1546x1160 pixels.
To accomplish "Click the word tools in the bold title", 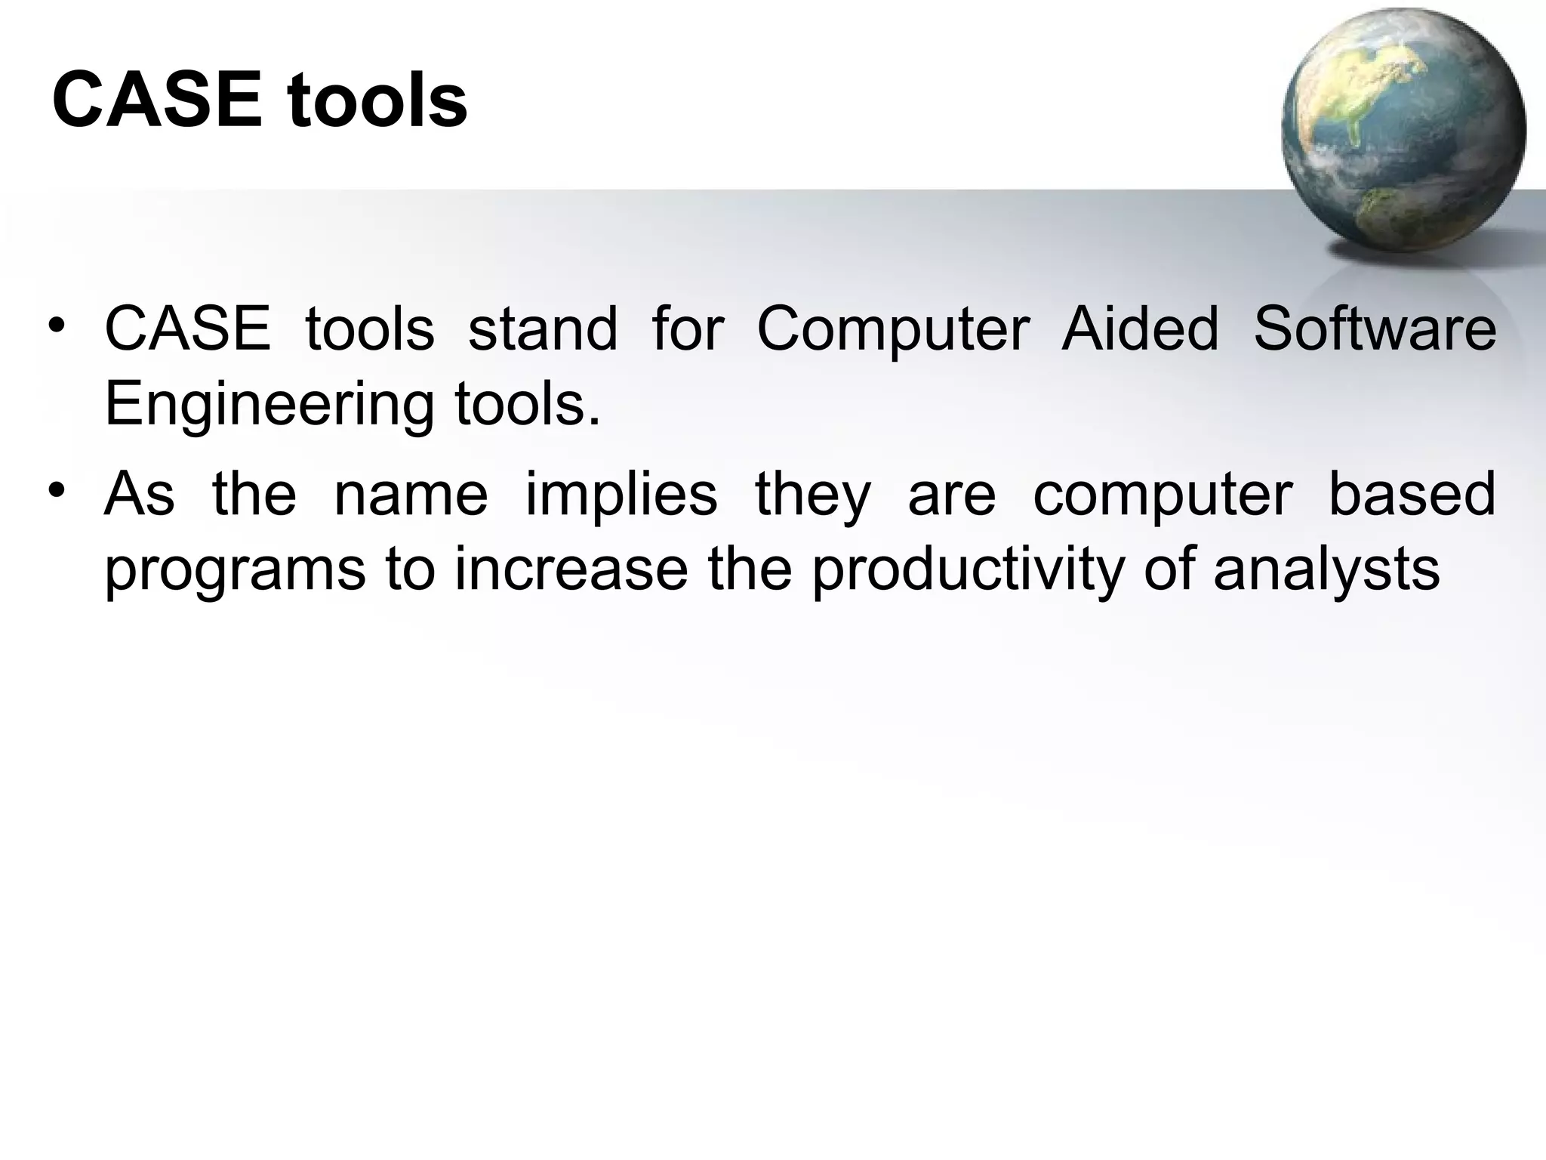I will click(377, 100).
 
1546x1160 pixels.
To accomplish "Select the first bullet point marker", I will click(58, 326).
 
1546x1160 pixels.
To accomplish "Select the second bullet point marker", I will click(58, 492).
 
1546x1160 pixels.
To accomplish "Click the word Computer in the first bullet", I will click(892, 330).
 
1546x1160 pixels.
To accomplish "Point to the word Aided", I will click(1140, 330).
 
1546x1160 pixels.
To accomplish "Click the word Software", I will click(1375, 330).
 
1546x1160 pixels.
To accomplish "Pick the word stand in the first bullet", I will click(542, 330).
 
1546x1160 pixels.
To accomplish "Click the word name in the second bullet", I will click(411, 495).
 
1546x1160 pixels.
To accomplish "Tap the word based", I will click(1411, 495).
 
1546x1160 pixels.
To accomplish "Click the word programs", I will click(235, 572).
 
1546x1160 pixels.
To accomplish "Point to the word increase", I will click(571, 570).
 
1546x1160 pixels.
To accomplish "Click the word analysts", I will click(1326, 572).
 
